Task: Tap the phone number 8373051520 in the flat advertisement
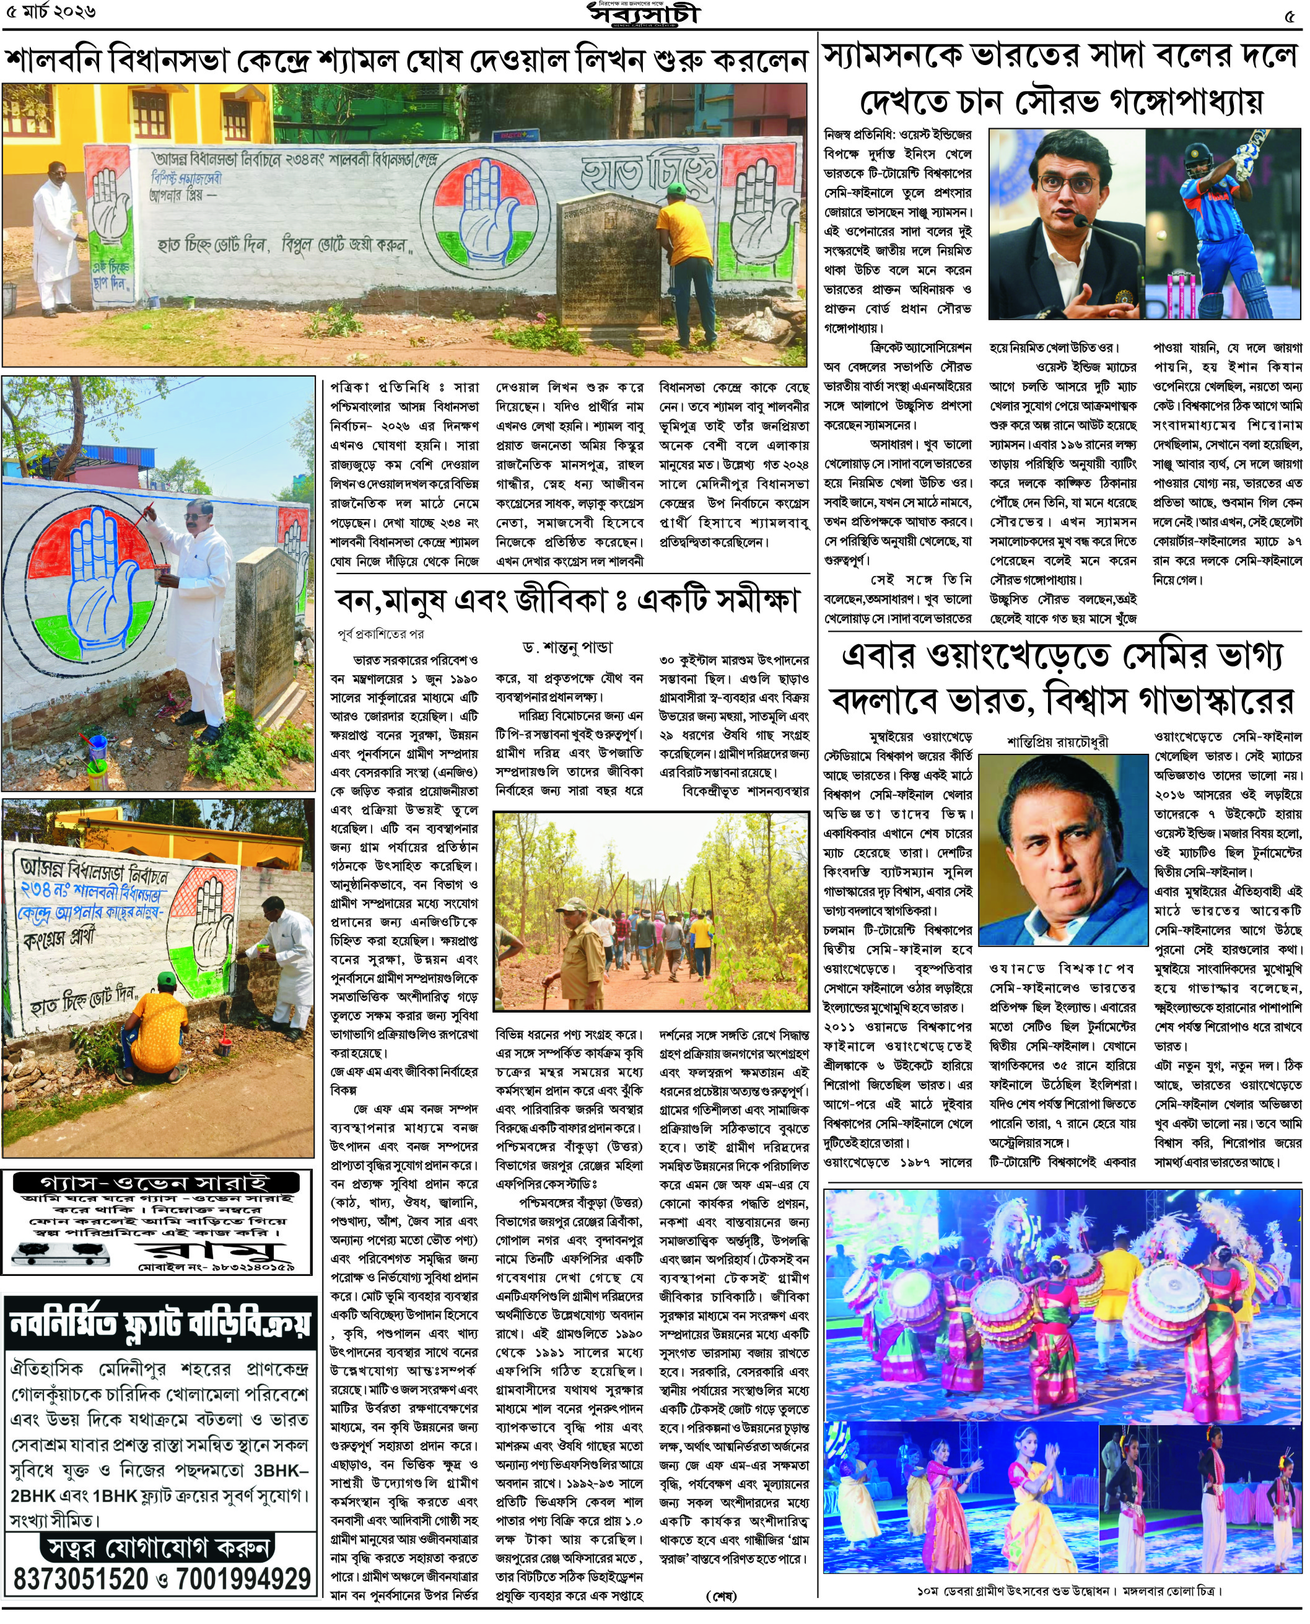(x=81, y=1579)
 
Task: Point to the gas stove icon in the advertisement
(x=61, y=1254)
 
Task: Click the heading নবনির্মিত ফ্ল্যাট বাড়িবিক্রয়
(x=160, y=1323)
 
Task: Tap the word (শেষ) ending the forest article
(x=720, y=1596)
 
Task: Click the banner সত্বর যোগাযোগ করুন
(x=159, y=1548)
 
